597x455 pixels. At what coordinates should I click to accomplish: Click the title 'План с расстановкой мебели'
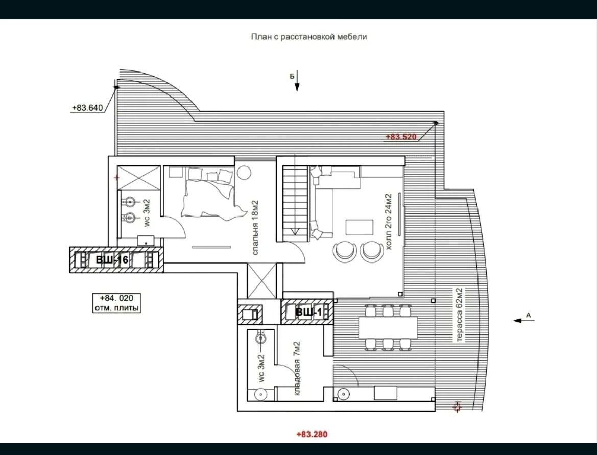coord(309,37)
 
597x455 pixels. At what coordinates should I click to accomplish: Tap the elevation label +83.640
coord(87,108)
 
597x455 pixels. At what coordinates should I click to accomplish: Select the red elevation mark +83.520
coord(401,137)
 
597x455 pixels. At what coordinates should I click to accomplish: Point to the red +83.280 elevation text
coord(312,434)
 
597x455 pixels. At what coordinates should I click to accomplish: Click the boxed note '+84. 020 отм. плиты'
coord(116,303)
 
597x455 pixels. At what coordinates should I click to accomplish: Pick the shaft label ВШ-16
coord(112,260)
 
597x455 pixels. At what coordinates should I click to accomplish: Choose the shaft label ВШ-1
coord(309,313)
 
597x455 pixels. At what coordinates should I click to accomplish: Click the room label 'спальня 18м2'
coord(255,228)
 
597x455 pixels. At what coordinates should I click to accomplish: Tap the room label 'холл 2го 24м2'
coord(388,222)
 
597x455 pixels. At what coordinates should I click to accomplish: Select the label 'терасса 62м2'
coord(460,315)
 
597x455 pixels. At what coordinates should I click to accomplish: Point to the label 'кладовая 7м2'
coord(297,368)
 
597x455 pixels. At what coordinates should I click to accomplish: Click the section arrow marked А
coord(524,320)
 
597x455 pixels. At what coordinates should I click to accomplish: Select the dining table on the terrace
coord(388,328)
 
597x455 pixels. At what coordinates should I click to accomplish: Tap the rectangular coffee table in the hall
coord(360,227)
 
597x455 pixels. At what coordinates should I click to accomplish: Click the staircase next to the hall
coord(295,203)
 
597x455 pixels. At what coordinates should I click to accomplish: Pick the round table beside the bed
coord(244,173)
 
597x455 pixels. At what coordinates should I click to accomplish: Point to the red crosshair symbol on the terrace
coord(457,407)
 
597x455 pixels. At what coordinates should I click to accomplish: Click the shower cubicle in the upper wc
coord(138,177)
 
